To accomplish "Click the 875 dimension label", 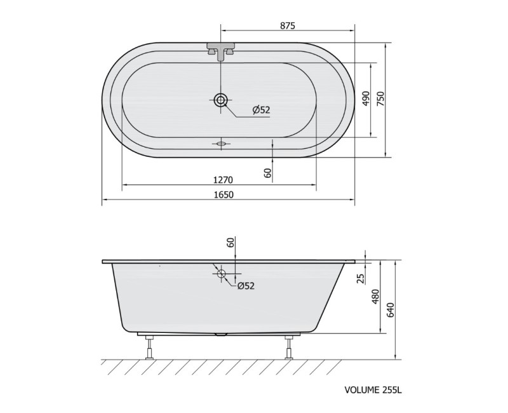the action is click(x=288, y=25).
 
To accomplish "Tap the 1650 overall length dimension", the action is click(x=224, y=194).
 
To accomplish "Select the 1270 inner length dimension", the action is click(x=224, y=179).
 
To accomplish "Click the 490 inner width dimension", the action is click(x=366, y=98).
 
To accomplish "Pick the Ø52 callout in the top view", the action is click(x=261, y=110).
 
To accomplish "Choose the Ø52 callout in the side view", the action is click(x=246, y=285).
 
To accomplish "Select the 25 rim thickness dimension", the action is click(x=361, y=278).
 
